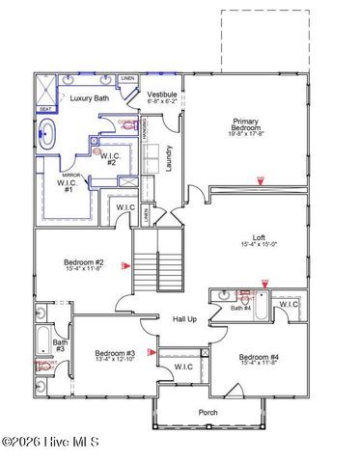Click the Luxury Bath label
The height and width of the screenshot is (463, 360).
87,98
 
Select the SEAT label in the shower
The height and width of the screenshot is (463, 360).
45,109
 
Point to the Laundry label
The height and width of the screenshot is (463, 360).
170,154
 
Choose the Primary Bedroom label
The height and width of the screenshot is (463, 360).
245,127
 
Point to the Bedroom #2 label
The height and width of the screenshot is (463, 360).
84,263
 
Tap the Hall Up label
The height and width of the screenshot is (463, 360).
184,320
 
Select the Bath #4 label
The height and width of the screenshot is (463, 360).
239,309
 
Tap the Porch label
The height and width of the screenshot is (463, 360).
208,413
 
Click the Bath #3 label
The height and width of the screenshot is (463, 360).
60,346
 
